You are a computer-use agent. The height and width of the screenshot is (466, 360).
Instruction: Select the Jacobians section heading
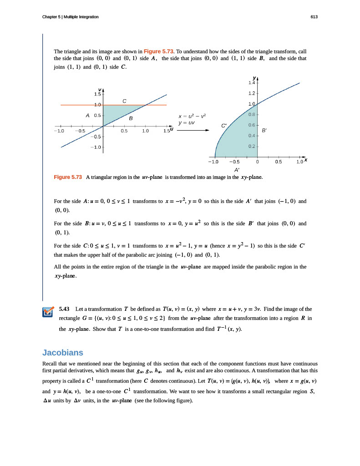click(x=63, y=353)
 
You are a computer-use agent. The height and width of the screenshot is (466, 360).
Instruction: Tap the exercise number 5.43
click(x=65, y=309)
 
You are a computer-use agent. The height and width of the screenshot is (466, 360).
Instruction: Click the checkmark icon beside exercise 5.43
click(x=47, y=312)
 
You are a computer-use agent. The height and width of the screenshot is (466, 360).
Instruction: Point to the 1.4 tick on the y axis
click(x=252, y=83)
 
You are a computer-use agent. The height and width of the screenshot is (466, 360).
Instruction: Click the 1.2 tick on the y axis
click(x=252, y=94)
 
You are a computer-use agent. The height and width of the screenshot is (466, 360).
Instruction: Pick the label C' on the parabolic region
click(x=224, y=125)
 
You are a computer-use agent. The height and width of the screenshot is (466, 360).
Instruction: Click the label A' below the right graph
click(x=237, y=170)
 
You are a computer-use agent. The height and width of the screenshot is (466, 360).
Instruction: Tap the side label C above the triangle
click(x=124, y=101)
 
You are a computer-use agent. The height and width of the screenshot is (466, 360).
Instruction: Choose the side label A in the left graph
click(x=87, y=116)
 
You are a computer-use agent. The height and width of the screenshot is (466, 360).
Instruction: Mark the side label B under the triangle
click(x=131, y=118)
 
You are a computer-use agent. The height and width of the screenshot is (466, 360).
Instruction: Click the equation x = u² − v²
click(x=189, y=116)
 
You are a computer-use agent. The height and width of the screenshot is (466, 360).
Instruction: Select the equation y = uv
click(x=187, y=123)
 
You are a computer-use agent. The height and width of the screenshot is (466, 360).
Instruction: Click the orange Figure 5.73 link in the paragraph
click(x=159, y=51)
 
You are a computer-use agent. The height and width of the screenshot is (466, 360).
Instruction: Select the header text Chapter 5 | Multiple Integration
click(x=70, y=17)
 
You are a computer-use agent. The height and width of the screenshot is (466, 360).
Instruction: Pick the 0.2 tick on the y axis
click(x=252, y=147)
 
